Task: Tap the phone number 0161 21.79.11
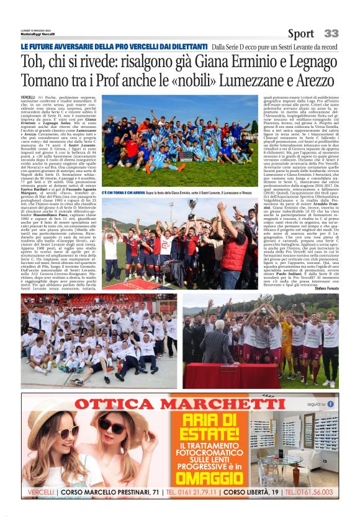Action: click(189, 491)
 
